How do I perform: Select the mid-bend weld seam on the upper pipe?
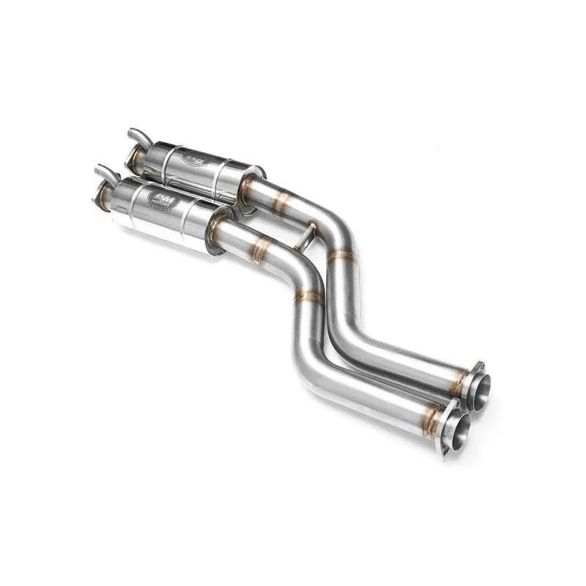pos(342,256)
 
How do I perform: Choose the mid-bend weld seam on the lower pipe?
pos(309,297)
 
